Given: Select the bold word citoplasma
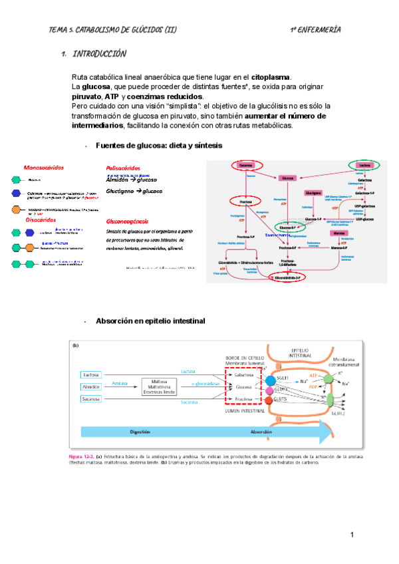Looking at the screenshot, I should point(271,78).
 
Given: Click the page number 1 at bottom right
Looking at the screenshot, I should point(352,535).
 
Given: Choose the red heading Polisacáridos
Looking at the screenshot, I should point(124,168).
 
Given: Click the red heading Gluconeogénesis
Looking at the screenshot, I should point(127,221).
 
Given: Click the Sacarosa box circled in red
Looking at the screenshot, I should point(246,165).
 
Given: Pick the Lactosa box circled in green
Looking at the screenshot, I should point(364,165).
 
